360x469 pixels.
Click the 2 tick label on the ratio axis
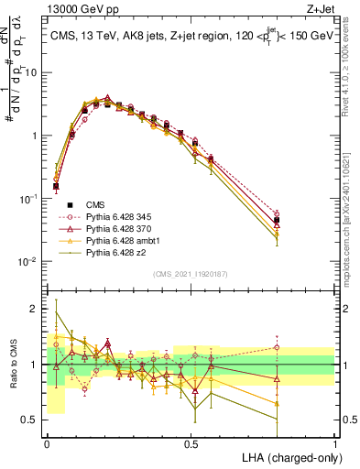click(x=36, y=309)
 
